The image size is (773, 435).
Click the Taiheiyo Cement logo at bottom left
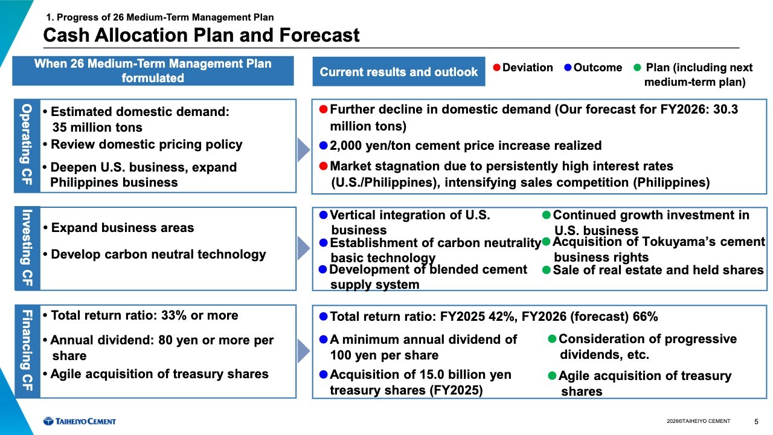[x=79, y=421]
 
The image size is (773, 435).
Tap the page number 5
[x=757, y=421]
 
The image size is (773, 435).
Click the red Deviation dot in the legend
[x=496, y=68]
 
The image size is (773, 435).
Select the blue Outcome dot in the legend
[x=568, y=68]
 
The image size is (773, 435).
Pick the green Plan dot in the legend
[x=638, y=68]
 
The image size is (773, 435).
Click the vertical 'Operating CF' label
[x=27, y=146]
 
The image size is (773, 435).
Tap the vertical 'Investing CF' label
[x=27, y=248]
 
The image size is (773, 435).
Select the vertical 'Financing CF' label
[x=27, y=351]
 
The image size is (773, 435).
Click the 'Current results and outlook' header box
[x=399, y=72]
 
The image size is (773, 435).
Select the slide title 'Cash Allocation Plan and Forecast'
[x=201, y=35]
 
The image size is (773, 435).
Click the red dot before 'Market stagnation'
[x=323, y=166]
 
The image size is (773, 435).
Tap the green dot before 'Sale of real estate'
[x=547, y=270]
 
